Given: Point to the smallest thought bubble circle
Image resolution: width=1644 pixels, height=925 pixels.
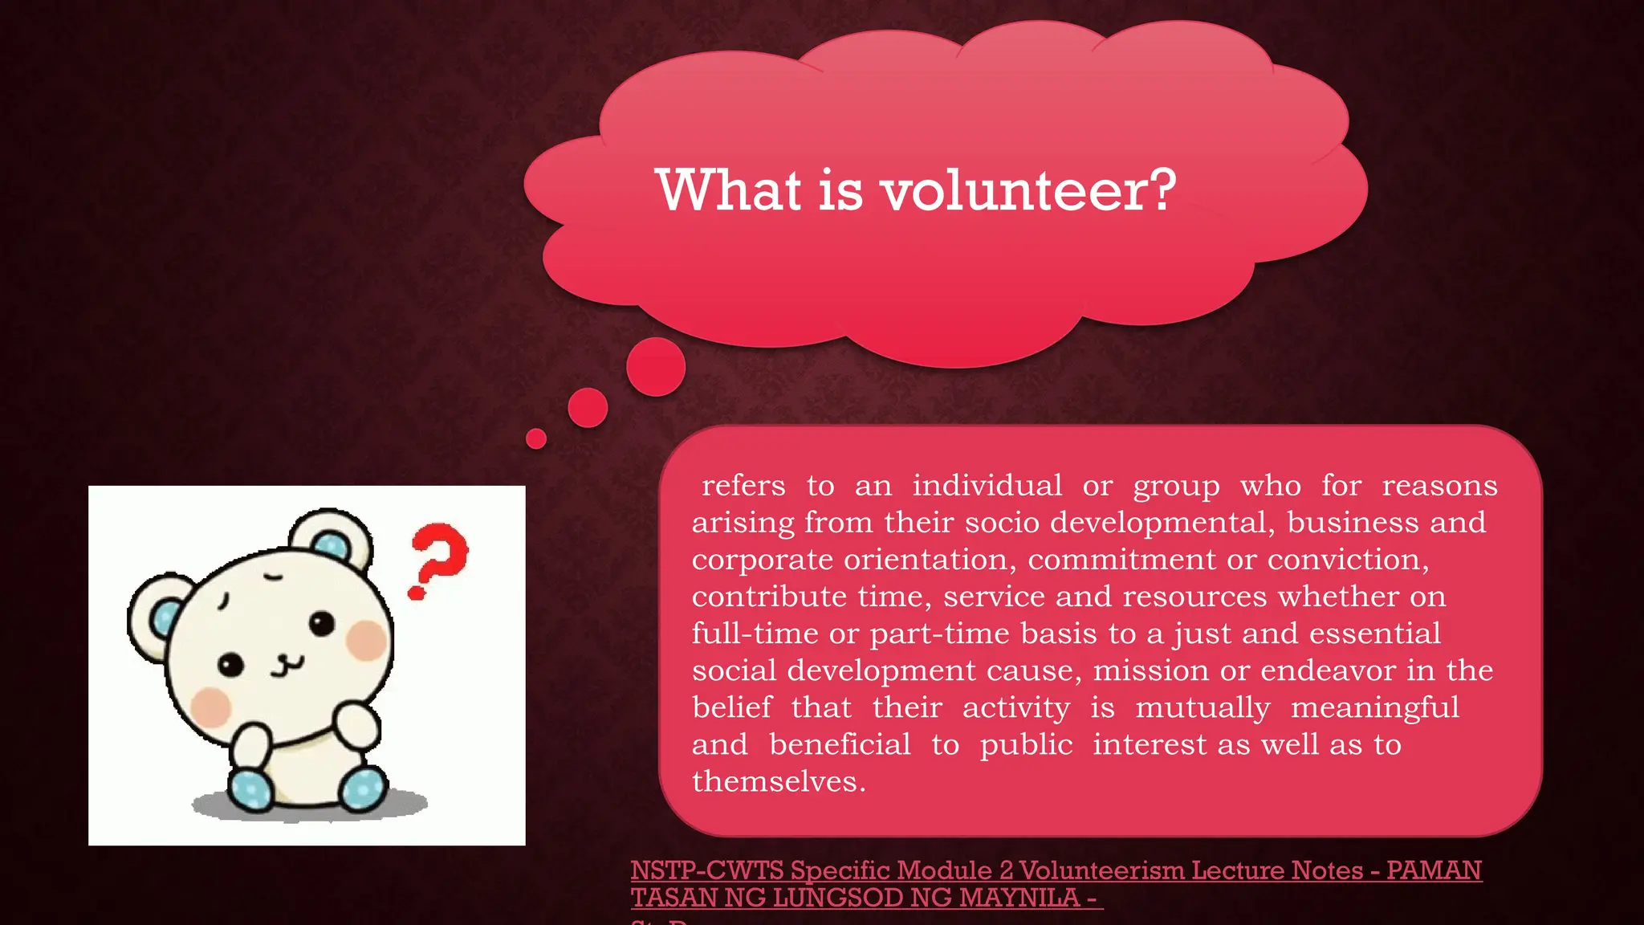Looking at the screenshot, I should pyautogui.click(x=536, y=438).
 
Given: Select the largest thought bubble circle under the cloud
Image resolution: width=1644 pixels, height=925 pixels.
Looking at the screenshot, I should pyautogui.click(x=656, y=367).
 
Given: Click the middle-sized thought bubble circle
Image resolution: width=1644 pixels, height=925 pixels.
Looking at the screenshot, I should pyautogui.click(x=588, y=408).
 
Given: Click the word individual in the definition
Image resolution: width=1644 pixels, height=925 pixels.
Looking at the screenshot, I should pyautogui.click(x=987, y=486).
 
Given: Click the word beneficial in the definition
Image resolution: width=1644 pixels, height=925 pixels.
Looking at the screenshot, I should pyautogui.click(x=840, y=744).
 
